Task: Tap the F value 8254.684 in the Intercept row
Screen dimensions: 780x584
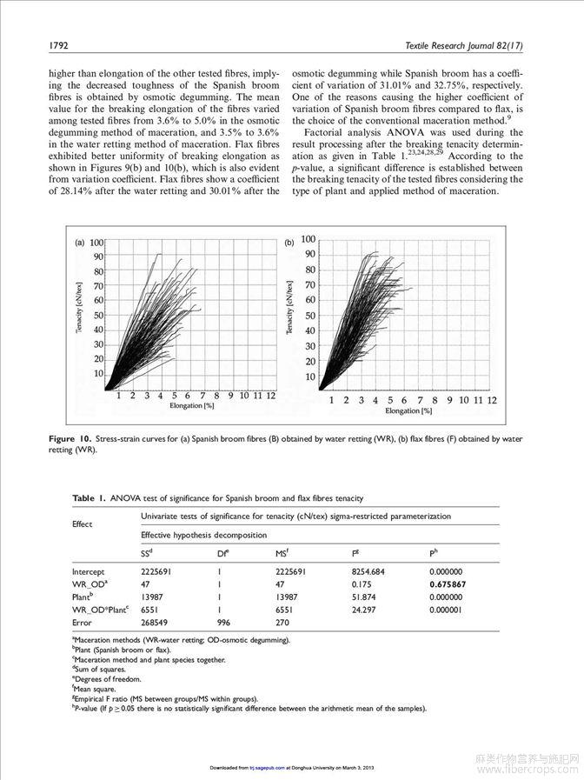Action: pyautogui.click(x=368, y=571)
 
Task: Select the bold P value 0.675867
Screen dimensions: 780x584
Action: pyautogui.click(x=448, y=584)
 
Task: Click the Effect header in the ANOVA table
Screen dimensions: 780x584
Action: pyautogui.click(x=85, y=524)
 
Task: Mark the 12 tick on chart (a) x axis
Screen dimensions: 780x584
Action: pyautogui.click(x=272, y=395)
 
